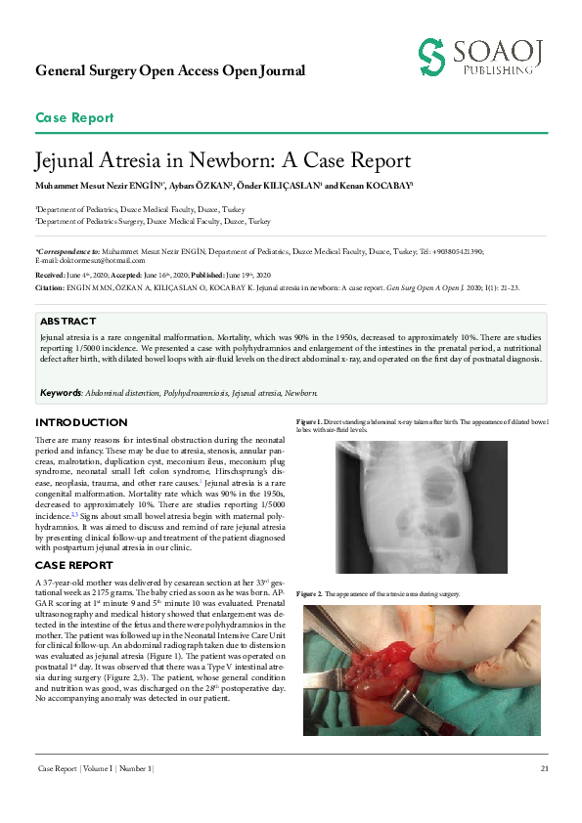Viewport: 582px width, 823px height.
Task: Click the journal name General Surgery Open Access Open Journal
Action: (x=170, y=70)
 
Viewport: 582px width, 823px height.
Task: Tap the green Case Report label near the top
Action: (x=74, y=118)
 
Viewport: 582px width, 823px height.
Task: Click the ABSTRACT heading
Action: (x=67, y=322)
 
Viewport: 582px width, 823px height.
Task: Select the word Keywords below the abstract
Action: (x=60, y=392)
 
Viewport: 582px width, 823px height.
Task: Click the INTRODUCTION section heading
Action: (x=81, y=422)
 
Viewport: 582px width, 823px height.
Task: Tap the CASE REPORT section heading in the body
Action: (x=74, y=565)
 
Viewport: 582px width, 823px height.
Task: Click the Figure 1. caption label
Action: (x=308, y=421)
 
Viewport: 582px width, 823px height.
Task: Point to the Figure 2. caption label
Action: (x=308, y=594)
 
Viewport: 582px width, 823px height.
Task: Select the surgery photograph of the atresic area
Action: (x=422, y=670)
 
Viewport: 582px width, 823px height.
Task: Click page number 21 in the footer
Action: (x=543, y=769)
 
